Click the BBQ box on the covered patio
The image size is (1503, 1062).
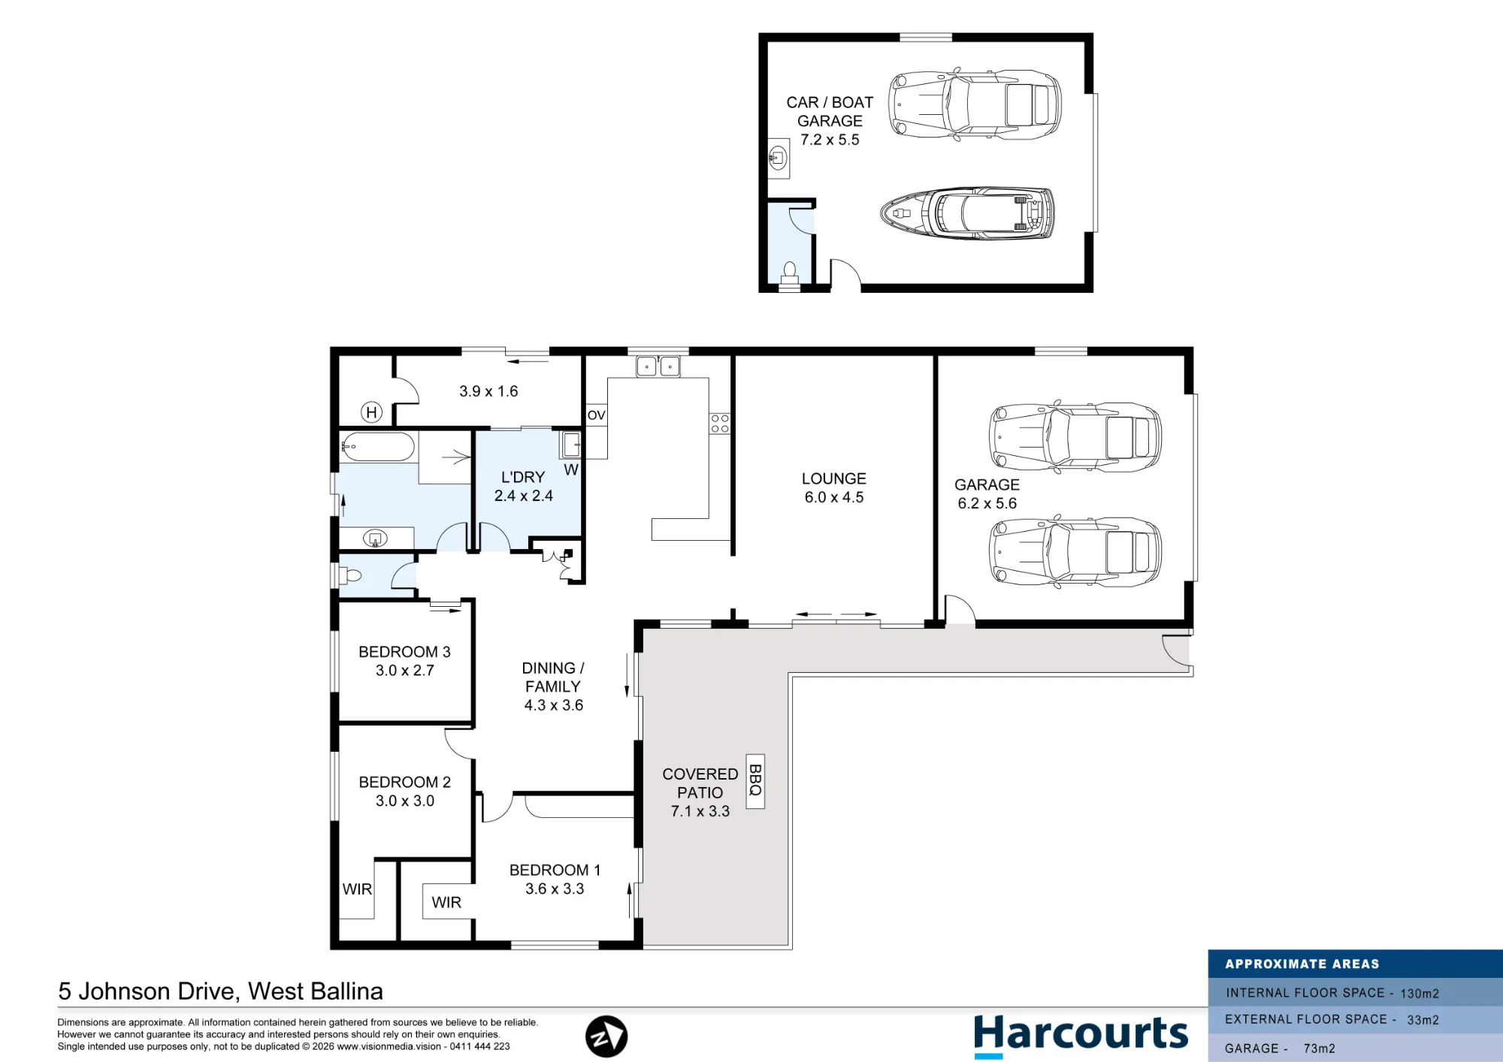755,781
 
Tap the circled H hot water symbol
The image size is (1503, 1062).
371,412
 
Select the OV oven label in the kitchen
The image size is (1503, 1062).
596,415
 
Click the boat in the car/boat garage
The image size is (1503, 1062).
967,213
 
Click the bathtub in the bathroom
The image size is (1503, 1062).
378,447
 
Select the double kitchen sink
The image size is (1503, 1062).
658,366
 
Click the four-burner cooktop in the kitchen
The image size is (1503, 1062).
719,424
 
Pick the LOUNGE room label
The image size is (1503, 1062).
833,478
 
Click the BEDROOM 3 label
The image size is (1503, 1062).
404,652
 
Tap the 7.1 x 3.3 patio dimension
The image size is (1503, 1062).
700,811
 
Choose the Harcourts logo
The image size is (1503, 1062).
1081,1034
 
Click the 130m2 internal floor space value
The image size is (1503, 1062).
1419,994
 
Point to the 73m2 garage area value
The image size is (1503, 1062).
1319,1048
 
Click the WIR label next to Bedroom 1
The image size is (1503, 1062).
446,903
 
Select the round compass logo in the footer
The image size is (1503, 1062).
606,1036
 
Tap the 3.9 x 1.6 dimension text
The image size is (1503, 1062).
488,391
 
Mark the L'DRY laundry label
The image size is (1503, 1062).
523,477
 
